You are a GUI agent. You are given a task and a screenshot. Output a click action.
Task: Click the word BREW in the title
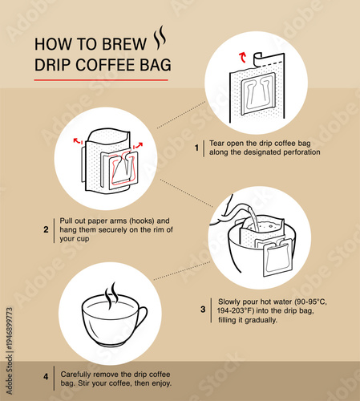[127, 43]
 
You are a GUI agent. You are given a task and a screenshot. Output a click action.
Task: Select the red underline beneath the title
[101, 79]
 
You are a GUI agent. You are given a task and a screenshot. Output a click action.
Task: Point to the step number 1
[196, 148]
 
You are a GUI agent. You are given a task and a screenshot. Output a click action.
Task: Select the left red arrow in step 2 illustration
[78, 141]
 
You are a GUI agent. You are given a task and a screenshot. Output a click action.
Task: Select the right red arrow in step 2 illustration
[138, 146]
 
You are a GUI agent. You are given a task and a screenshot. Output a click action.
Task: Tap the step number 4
[46, 377]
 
